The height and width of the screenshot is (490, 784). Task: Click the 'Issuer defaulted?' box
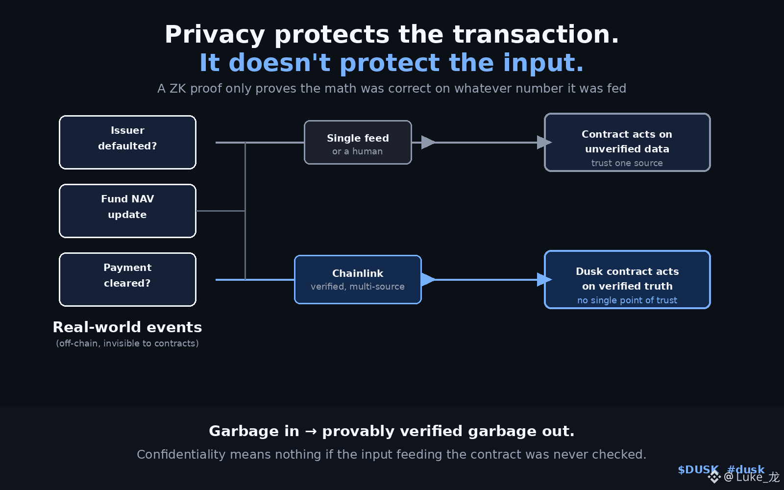click(x=127, y=142)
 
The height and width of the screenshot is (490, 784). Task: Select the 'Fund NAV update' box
click(x=127, y=211)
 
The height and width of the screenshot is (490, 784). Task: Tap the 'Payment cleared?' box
click(x=127, y=279)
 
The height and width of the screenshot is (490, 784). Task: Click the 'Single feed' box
click(x=358, y=142)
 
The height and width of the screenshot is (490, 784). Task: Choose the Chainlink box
click(x=358, y=279)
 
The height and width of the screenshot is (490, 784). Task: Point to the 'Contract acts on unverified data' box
click(x=627, y=142)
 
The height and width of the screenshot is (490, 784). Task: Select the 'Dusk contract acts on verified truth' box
click(x=627, y=279)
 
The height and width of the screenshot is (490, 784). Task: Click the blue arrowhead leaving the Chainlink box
click(x=428, y=279)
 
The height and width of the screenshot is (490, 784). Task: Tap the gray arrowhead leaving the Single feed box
click(x=428, y=142)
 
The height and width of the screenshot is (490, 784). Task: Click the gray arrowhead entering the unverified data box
click(x=544, y=142)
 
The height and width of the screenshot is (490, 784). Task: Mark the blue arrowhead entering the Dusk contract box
click(x=544, y=279)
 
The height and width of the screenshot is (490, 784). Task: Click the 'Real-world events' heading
click(x=127, y=327)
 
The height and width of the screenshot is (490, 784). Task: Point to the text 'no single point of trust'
click(x=627, y=300)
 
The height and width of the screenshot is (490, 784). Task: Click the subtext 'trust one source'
click(x=627, y=163)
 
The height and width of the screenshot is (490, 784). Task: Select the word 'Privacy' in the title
click(x=215, y=35)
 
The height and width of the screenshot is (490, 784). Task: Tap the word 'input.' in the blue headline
click(x=543, y=63)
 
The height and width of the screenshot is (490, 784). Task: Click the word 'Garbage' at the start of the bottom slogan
click(x=254, y=431)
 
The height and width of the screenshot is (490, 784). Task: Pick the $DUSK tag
click(x=698, y=470)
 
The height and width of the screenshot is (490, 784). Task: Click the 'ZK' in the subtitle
click(x=178, y=89)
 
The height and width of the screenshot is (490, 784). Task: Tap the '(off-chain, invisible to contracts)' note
click(x=127, y=343)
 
